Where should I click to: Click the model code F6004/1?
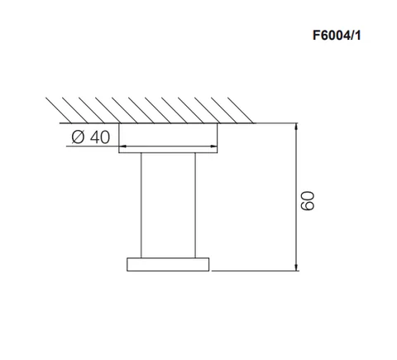click(x=337, y=36)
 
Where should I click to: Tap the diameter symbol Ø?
click(x=78, y=137)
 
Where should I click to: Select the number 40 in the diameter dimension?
click(x=100, y=137)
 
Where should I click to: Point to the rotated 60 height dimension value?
click(x=307, y=201)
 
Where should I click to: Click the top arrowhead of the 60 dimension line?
click(x=296, y=127)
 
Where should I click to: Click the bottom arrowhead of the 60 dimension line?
click(x=296, y=267)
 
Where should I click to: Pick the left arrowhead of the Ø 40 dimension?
click(x=122, y=146)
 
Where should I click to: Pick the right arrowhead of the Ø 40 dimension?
click(x=213, y=146)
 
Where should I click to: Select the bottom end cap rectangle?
click(x=168, y=264)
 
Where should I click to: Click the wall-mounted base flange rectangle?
click(x=168, y=138)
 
